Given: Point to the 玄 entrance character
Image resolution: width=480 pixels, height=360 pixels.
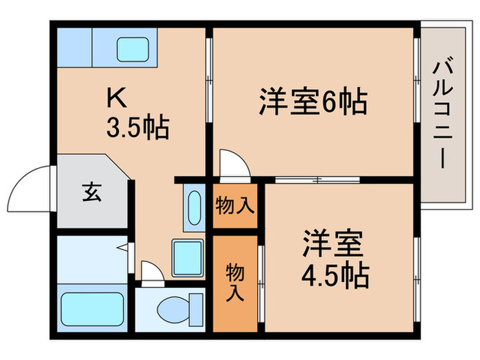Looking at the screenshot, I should click(93, 193).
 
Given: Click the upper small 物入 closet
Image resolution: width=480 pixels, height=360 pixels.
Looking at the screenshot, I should click(235, 205).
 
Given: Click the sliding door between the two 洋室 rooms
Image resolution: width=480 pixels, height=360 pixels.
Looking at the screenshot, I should click(317, 180).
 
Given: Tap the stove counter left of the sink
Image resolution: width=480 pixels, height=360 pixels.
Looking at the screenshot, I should click(73, 47).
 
